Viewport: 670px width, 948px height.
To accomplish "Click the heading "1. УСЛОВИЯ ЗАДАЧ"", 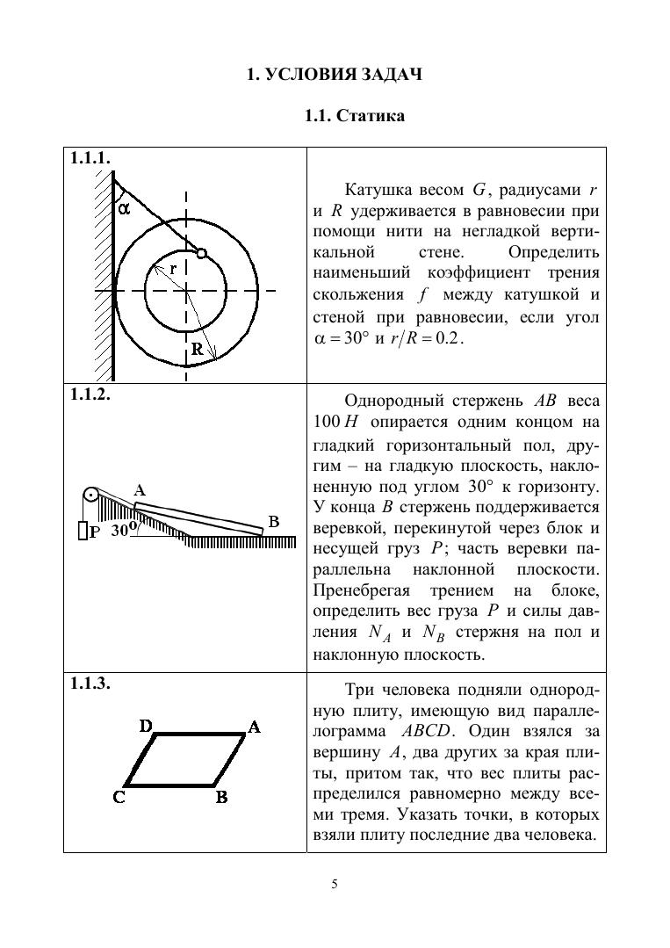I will coord(335,75).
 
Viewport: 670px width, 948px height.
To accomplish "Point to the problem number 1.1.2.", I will coord(90,394).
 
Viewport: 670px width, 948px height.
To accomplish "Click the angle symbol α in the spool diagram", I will coord(124,208).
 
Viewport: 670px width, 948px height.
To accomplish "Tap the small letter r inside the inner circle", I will coord(173,269).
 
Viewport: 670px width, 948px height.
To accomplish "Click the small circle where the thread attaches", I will coord(201,253).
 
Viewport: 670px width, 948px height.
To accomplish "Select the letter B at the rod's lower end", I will coord(273,521).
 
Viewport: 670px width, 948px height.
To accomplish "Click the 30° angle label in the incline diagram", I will coord(121,530).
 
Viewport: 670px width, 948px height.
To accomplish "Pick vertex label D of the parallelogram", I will coord(148,727).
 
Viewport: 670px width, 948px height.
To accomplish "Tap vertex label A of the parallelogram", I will coord(253,727).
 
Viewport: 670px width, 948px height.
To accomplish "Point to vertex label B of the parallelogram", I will coord(222,798).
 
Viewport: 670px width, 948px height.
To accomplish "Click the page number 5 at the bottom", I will coord(335,884).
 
